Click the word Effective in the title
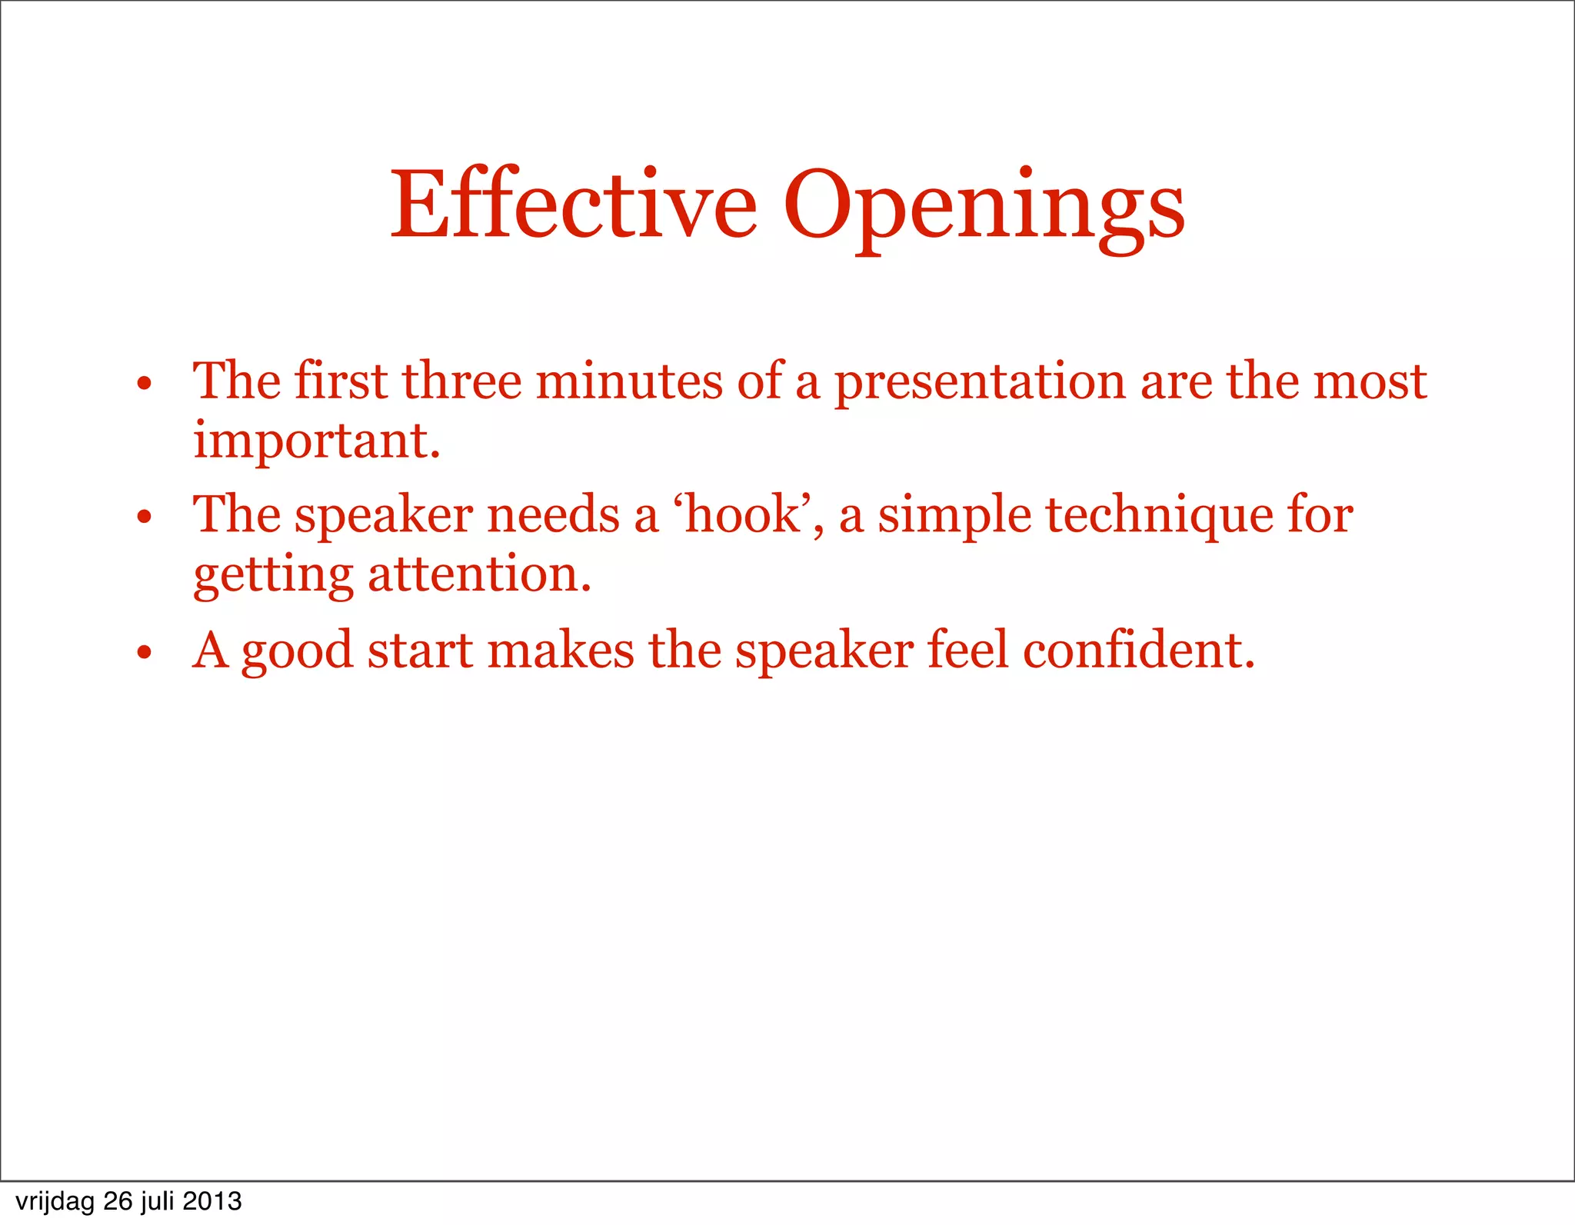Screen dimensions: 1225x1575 point(574,205)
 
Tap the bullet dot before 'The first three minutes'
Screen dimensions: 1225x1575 point(144,383)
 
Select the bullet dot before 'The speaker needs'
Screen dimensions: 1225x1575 point(144,517)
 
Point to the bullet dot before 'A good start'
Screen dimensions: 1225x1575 point(144,653)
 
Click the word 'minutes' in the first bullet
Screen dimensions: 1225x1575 point(629,381)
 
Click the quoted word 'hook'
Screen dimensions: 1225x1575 point(742,514)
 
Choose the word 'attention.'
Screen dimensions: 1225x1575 point(480,574)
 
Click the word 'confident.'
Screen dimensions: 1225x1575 point(1138,650)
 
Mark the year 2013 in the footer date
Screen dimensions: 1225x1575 point(212,1201)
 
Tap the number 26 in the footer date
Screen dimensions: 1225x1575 point(118,1201)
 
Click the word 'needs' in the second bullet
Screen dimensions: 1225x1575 point(553,514)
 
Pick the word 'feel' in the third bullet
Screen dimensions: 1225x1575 point(967,650)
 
